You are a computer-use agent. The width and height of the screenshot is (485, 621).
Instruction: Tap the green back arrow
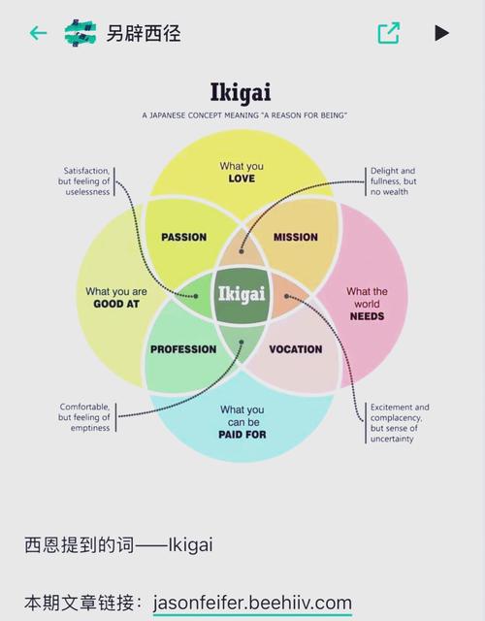coord(39,33)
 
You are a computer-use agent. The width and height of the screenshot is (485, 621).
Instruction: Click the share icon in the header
coord(388,33)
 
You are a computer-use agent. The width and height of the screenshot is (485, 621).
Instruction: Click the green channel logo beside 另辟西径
coord(81,33)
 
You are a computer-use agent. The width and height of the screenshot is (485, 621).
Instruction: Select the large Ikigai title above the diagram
coord(241,92)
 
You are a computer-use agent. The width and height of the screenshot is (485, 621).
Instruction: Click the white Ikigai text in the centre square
coord(242,294)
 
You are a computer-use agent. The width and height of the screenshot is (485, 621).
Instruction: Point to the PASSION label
coord(183,237)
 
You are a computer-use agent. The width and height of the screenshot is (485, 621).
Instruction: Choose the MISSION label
coord(296,237)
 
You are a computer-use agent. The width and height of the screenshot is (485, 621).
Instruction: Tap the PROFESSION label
coord(183,349)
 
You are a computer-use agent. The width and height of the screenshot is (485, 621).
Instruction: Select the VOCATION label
coord(296,349)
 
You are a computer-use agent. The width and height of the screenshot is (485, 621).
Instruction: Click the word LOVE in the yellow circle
coord(242,179)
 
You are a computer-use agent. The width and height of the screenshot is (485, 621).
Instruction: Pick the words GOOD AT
coord(116,304)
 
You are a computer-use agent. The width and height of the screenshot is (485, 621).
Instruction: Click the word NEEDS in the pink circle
coord(367,316)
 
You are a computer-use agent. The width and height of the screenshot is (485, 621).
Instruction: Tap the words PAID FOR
coord(242,435)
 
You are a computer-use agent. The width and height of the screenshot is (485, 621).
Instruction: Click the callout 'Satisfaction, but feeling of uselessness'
coord(84,181)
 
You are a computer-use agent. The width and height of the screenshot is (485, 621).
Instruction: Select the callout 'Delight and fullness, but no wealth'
coord(393,181)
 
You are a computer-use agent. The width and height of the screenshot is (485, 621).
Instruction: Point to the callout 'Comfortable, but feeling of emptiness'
coord(84,417)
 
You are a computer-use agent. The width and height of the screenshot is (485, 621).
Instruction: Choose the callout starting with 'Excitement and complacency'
coord(400,423)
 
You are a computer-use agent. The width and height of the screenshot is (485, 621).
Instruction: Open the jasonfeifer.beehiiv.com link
coord(252,604)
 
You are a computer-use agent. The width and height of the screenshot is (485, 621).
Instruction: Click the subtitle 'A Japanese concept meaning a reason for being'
coord(244,115)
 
